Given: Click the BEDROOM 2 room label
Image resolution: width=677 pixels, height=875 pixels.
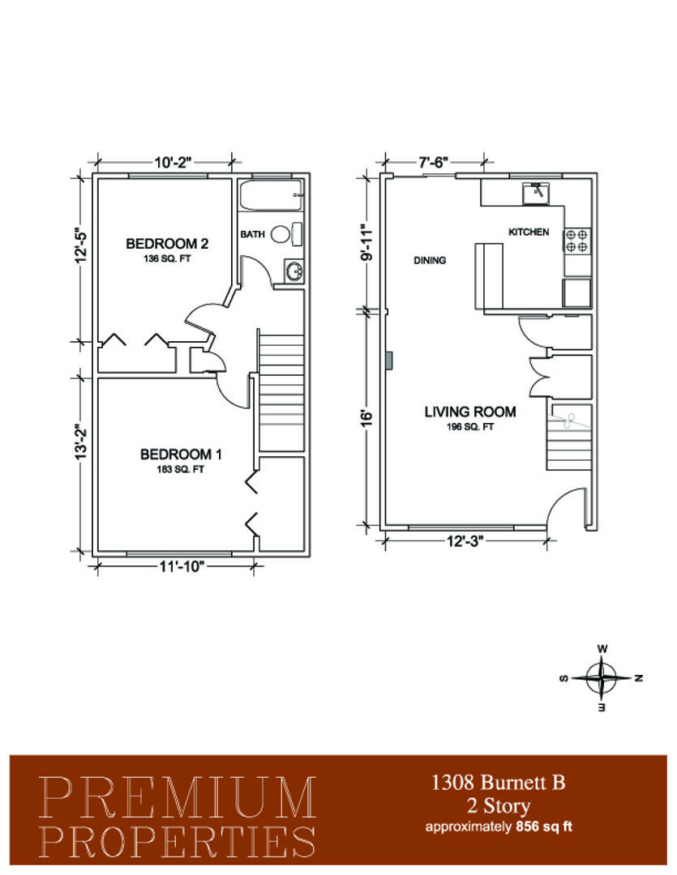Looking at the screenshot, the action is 167,244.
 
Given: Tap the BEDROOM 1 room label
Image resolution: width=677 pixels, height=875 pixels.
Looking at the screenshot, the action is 181,455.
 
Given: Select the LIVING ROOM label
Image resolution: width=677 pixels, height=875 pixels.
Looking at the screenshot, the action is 469,412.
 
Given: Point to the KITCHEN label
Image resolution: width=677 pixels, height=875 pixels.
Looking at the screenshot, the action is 529,232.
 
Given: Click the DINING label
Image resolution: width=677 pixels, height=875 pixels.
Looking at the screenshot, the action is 430,260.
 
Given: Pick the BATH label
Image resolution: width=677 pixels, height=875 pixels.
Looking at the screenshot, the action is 252,234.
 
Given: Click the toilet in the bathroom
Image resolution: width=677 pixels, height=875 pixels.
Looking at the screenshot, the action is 286,234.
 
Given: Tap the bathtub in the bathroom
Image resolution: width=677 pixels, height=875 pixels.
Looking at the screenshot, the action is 271,194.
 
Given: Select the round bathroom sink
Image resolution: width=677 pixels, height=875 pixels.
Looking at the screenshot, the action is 294,271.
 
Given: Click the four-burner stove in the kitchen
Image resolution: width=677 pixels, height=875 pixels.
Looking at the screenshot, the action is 577,241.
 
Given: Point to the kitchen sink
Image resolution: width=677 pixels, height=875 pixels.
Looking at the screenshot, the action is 535,193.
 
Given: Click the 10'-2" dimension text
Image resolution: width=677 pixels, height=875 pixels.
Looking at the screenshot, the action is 173,163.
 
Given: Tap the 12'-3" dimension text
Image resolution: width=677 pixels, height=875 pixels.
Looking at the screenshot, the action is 465,541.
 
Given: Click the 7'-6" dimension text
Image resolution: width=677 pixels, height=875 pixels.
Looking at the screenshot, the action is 434,162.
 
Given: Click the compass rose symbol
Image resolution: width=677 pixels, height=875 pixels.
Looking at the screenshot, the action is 601,678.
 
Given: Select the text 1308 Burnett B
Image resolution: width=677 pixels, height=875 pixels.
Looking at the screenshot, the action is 499,783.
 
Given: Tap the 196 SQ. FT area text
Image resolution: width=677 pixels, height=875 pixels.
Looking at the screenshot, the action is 469,428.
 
